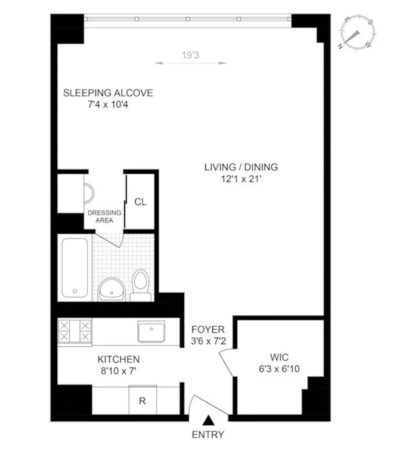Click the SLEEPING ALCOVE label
108,93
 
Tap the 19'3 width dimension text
190,55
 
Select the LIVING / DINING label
241,167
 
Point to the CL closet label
140,202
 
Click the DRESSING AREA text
105,217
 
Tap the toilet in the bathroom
140,285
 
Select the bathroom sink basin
112,289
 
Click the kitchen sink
151,332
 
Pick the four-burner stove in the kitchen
74,331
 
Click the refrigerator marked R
142,400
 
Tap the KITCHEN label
118,359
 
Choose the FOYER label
208,329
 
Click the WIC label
279,357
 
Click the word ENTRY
208,435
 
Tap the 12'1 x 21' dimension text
241,179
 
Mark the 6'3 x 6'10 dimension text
279,369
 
